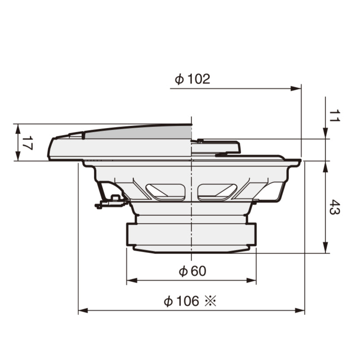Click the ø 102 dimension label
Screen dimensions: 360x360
[x=192, y=79]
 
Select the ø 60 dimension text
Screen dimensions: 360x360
[x=192, y=271]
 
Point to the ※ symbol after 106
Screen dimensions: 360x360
[x=210, y=301]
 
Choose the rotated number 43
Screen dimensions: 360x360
[x=334, y=207]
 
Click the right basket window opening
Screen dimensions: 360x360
[x=217, y=191]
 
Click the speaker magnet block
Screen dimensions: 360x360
[x=191, y=234]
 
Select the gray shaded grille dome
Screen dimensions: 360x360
[x=142, y=132]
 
